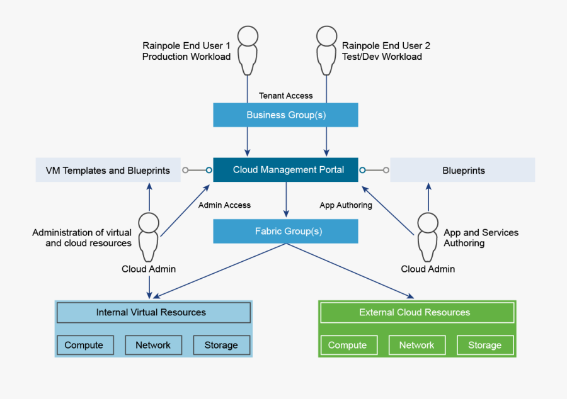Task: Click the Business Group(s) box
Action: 285,115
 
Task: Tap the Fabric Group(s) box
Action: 285,231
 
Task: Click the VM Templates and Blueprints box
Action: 108,171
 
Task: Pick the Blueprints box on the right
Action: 462,171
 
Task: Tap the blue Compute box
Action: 84,345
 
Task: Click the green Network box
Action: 416,345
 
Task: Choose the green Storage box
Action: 484,345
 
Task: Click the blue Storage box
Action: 221,345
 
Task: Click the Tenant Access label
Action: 286,96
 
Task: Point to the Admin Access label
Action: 224,205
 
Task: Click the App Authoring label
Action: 346,205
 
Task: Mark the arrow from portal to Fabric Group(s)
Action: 287,199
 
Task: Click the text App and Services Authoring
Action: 481,237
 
